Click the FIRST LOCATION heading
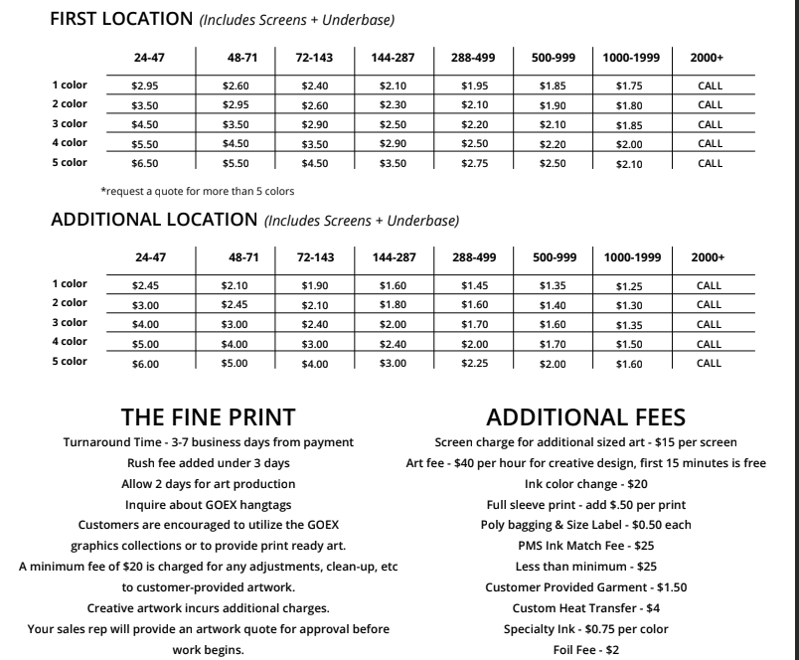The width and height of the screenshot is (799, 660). click(x=121, y=18)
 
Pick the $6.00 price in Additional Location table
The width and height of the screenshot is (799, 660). click(x=145, y=364)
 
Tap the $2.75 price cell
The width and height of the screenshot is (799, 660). click(x=474, y=163)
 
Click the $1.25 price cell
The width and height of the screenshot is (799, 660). click(x=628, y=286)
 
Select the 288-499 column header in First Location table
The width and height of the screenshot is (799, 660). click(x=473, y=58)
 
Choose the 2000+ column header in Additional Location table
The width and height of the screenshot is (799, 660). click(x=708, y=257)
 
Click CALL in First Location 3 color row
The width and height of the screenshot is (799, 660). click(x=710, y=124)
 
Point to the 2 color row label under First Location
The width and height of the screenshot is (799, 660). click(x=70, y=104)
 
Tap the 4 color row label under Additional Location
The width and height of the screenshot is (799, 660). click(x=70, y=342)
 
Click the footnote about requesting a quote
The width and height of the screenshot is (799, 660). click(x=197, y=191)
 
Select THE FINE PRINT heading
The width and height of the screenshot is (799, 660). click(x=208, y=417)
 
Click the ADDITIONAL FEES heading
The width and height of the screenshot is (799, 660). click(x=585, y=417)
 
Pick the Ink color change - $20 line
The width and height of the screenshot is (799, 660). click(x=585, y=484)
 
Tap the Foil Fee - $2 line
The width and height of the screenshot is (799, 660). click(x=585, y=650)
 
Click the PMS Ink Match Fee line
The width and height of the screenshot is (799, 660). click(x=585, y=546)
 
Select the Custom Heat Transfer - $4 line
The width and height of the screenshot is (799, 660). click(x=585, y=607)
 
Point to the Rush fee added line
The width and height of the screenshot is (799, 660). click(x=209, y=463)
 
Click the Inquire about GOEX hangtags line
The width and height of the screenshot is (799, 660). click(x=209, y=504)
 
